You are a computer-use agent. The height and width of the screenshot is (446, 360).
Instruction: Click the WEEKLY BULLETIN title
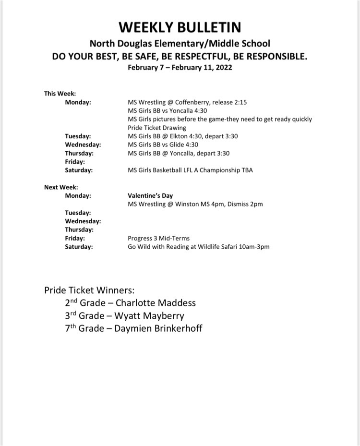tap(180, 26)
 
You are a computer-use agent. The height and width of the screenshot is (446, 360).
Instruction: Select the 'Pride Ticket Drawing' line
tap(156, 128)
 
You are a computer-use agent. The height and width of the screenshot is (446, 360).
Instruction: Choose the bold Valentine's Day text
tap(150, 196)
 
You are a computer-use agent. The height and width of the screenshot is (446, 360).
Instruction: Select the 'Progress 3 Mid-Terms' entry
tap(158, 238)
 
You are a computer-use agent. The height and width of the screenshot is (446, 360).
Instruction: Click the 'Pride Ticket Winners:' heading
tap(89, 290)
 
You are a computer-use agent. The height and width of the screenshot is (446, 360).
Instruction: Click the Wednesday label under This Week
tap(83, 145)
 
